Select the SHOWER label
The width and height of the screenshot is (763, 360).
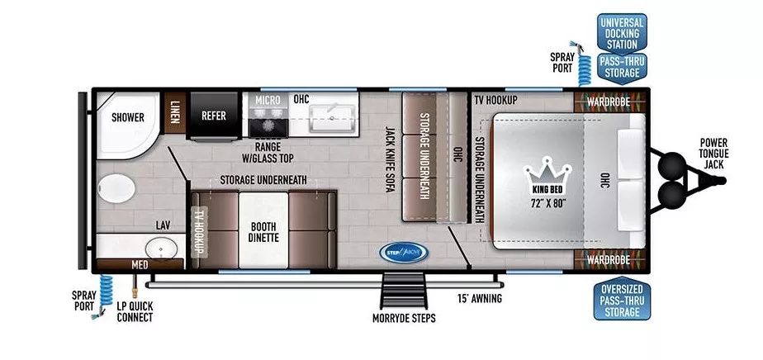(128, 117)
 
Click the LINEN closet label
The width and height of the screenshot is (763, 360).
(175, 111)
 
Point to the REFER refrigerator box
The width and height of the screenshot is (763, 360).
(214, 116)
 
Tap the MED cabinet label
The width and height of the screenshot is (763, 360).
(140, 265)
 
